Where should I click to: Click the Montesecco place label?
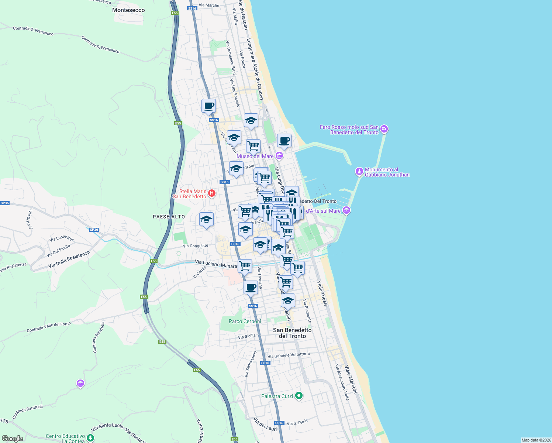[128, 10]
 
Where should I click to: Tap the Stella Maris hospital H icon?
[212, 193]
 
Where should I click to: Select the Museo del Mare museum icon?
[279, 156]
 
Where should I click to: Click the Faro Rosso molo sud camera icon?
[384, 129]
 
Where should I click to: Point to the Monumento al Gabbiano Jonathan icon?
[359, 172]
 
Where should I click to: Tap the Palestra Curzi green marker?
[299, 396]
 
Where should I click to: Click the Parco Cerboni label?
[245, 321]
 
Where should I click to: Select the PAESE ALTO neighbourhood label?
[169, 217]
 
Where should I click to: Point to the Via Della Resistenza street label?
[69, 260]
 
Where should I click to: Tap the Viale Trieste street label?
[322, 293]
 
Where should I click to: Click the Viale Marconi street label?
[351, 379]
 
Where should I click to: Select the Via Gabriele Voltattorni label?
[289, 355]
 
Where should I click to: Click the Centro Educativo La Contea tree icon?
[90, 438]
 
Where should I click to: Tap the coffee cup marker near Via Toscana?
[251, 287]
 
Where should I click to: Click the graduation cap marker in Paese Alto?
[206, 220]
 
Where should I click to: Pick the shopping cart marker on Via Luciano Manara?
[245, 266]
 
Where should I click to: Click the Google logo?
[13, 439]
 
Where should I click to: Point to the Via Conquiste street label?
[196, 246]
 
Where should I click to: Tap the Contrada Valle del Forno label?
[49, 327]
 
